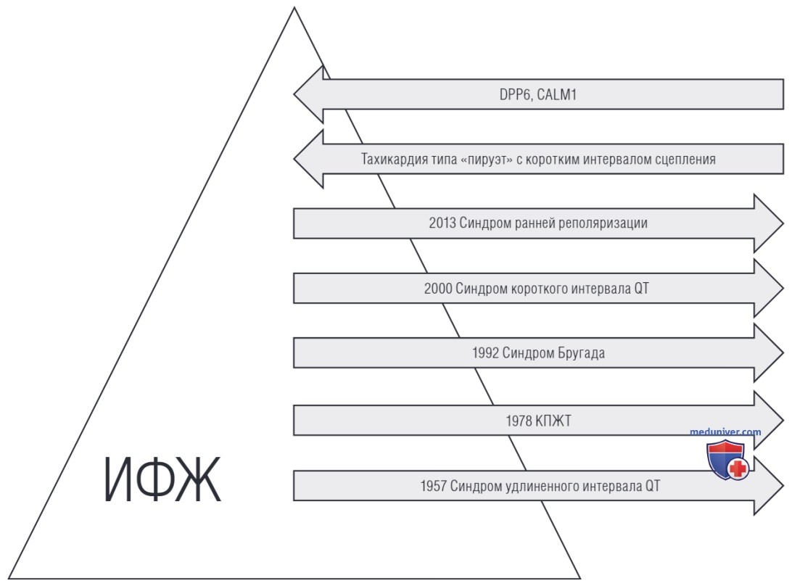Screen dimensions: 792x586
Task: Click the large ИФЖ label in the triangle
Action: (162, 479)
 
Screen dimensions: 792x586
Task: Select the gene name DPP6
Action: (515, 94)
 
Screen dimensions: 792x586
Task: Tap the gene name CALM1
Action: (556, 94)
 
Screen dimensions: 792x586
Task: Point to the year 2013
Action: (442, 223)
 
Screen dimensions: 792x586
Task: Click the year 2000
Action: (438, 289)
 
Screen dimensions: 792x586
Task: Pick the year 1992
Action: (485, 352)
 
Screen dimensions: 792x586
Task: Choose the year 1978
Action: (519, 421)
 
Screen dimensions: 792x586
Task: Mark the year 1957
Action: (434, 486)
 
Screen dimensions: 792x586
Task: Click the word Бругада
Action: (581, 352)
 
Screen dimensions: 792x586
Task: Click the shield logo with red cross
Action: (727, 460)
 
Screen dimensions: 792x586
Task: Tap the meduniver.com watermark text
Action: (725, 432)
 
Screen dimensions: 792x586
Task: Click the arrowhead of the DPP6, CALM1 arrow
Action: (309, 94)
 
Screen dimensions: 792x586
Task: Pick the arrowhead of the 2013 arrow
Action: (769, 223)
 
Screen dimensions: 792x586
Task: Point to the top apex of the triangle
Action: (294, 7)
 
